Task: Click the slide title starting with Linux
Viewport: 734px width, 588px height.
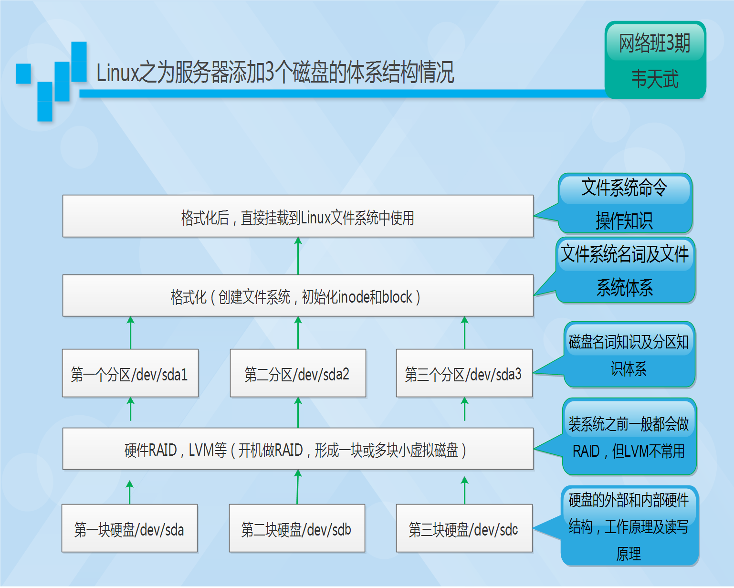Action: coord(275,73)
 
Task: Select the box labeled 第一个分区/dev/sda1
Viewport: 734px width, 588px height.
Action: coord(130,373)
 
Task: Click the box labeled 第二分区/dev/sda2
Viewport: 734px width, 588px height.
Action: coord(298,373)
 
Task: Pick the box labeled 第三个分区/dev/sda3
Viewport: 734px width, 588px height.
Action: coord(464,373)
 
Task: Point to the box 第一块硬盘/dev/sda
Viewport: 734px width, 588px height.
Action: coord(129,528)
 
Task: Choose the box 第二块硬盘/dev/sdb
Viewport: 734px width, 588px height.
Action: coord(297,528)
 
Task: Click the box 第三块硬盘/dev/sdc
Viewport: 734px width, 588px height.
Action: coord(464,528)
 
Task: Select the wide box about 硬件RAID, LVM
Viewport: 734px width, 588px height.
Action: coord(298,449)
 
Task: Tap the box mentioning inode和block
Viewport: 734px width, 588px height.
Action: coord(298,296)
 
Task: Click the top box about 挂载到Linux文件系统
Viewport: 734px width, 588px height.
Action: coord(298,217)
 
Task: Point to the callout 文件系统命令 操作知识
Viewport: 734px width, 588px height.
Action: coord(625,204)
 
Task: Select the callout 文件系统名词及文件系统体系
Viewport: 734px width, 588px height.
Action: coord(625,270)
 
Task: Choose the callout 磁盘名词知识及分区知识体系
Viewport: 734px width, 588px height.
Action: coord(629,355)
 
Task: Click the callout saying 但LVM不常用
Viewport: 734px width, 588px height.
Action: coord(629,437)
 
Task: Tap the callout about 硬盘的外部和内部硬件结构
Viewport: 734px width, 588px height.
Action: coord(629,526)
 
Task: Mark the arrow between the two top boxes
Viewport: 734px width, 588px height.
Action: coord(298,256)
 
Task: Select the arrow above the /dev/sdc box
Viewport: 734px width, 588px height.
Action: coord(465,490)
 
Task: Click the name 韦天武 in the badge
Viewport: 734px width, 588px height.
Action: coord(655,79)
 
